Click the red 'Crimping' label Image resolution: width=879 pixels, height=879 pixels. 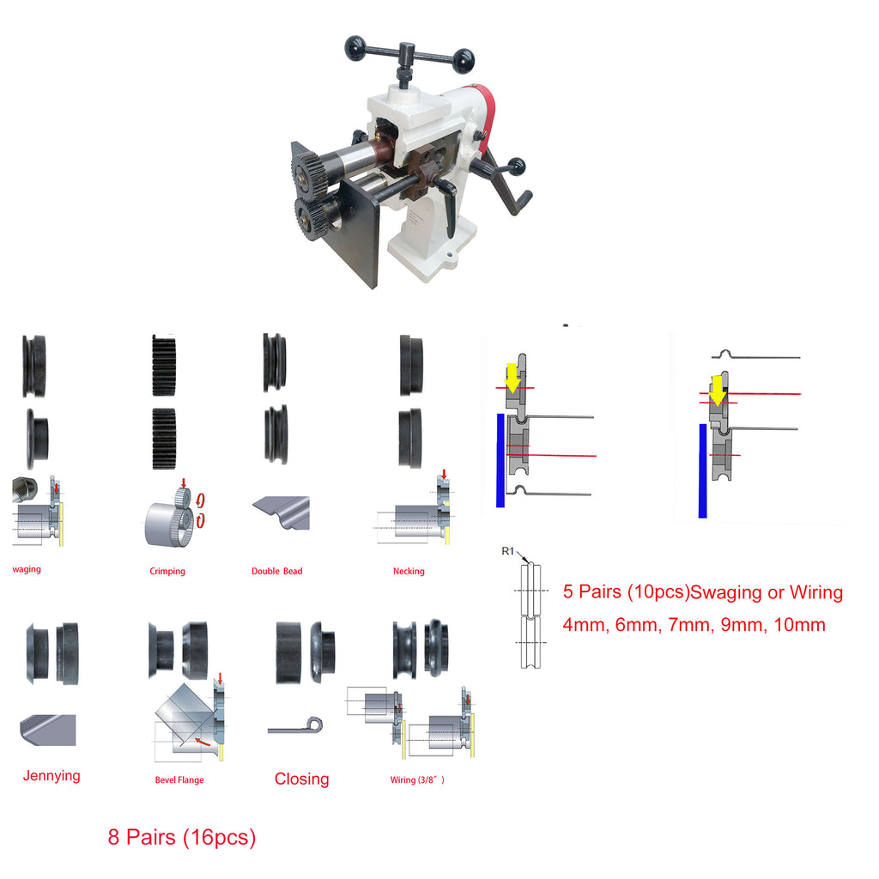(167, 571)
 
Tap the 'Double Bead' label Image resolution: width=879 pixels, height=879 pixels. (277, 571)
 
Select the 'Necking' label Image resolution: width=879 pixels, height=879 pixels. (409, 571)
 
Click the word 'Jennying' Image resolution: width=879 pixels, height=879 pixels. (52, 776)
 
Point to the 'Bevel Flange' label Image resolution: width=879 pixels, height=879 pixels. (179, 779)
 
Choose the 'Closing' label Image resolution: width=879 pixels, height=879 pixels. (301, 779)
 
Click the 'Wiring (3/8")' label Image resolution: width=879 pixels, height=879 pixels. (417, 779)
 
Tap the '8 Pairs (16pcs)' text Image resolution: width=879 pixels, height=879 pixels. (182, 838)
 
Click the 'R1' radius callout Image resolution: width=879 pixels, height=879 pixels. (507, 551)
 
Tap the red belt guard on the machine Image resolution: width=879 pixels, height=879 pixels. (487, 115)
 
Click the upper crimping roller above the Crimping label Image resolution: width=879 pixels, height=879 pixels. (164, 365)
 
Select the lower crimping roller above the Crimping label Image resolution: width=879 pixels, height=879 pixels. (164, 439)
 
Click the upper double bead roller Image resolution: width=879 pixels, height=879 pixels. (275, 362)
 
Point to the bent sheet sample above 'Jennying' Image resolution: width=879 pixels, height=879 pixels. (48, 730)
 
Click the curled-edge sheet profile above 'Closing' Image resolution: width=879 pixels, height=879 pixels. (295, 726)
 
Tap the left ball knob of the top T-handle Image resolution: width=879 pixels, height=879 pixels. (355, 48)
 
